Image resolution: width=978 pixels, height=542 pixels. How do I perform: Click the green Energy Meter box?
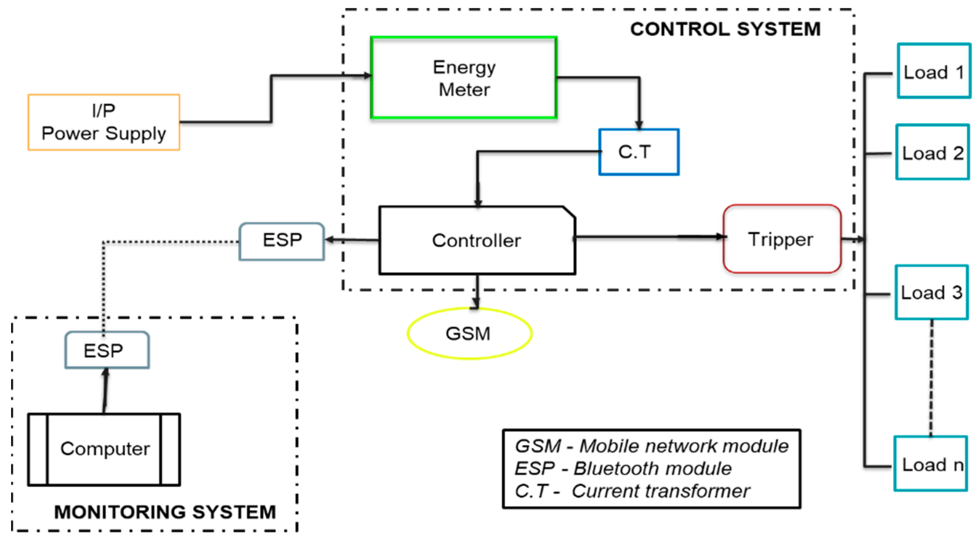click(463, 78)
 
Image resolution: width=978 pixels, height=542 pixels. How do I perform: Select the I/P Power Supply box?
click(104, 122)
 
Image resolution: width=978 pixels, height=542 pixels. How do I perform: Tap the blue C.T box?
click(639, 152)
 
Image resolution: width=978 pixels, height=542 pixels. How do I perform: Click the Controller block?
click(477, 241)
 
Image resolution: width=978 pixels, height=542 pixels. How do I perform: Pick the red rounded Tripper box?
click(782, 239)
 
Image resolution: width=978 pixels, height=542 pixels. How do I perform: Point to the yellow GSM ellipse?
click(469, 334)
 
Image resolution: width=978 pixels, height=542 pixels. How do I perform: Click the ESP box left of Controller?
click(282, 241)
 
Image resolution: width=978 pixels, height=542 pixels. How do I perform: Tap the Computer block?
click(104, 449)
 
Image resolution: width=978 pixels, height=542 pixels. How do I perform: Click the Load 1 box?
click(934, 71)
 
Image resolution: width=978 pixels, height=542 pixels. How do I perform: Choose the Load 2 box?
click(932, 152)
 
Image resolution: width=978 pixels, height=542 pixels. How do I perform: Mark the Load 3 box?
click(931, 292)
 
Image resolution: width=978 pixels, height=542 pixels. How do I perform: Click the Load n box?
click(931, 464)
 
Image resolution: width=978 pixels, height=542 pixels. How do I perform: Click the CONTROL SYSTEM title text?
click(725, 29)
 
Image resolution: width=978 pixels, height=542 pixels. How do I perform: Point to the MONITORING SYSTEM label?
click(165, 512)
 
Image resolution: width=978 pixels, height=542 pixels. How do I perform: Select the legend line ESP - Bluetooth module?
click(622, 468)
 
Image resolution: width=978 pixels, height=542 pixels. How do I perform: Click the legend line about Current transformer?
click(632, 491)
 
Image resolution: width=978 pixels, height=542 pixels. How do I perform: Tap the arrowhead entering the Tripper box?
click(720, 236)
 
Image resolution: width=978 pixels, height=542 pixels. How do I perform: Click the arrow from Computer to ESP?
click(105, 391)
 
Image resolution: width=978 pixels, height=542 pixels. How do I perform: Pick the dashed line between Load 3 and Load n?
click(931, 378)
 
